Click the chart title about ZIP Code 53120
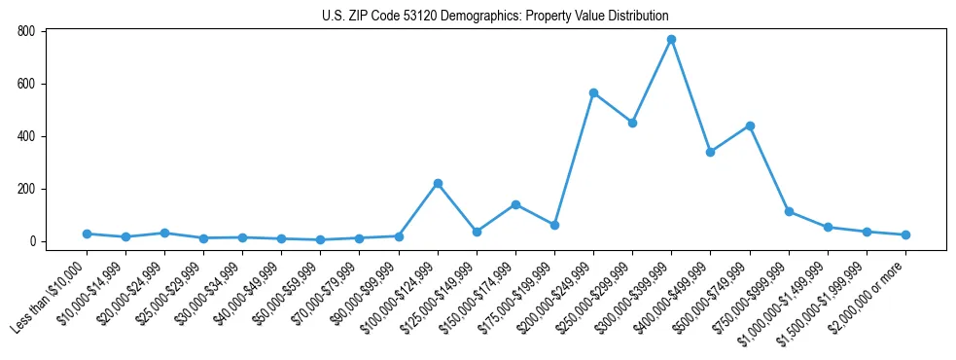point(495,17)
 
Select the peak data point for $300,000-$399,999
point(671,40)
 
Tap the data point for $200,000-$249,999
point(593,93)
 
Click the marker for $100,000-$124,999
point(438,183)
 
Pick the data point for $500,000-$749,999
point(750,126)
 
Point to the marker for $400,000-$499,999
point(711,152)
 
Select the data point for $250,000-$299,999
point(632,123)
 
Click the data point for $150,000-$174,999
point(515,204)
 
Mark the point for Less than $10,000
point(87,234)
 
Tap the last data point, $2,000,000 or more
point(905,234)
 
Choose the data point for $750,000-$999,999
point(789,211)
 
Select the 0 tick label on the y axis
point(32,241)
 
